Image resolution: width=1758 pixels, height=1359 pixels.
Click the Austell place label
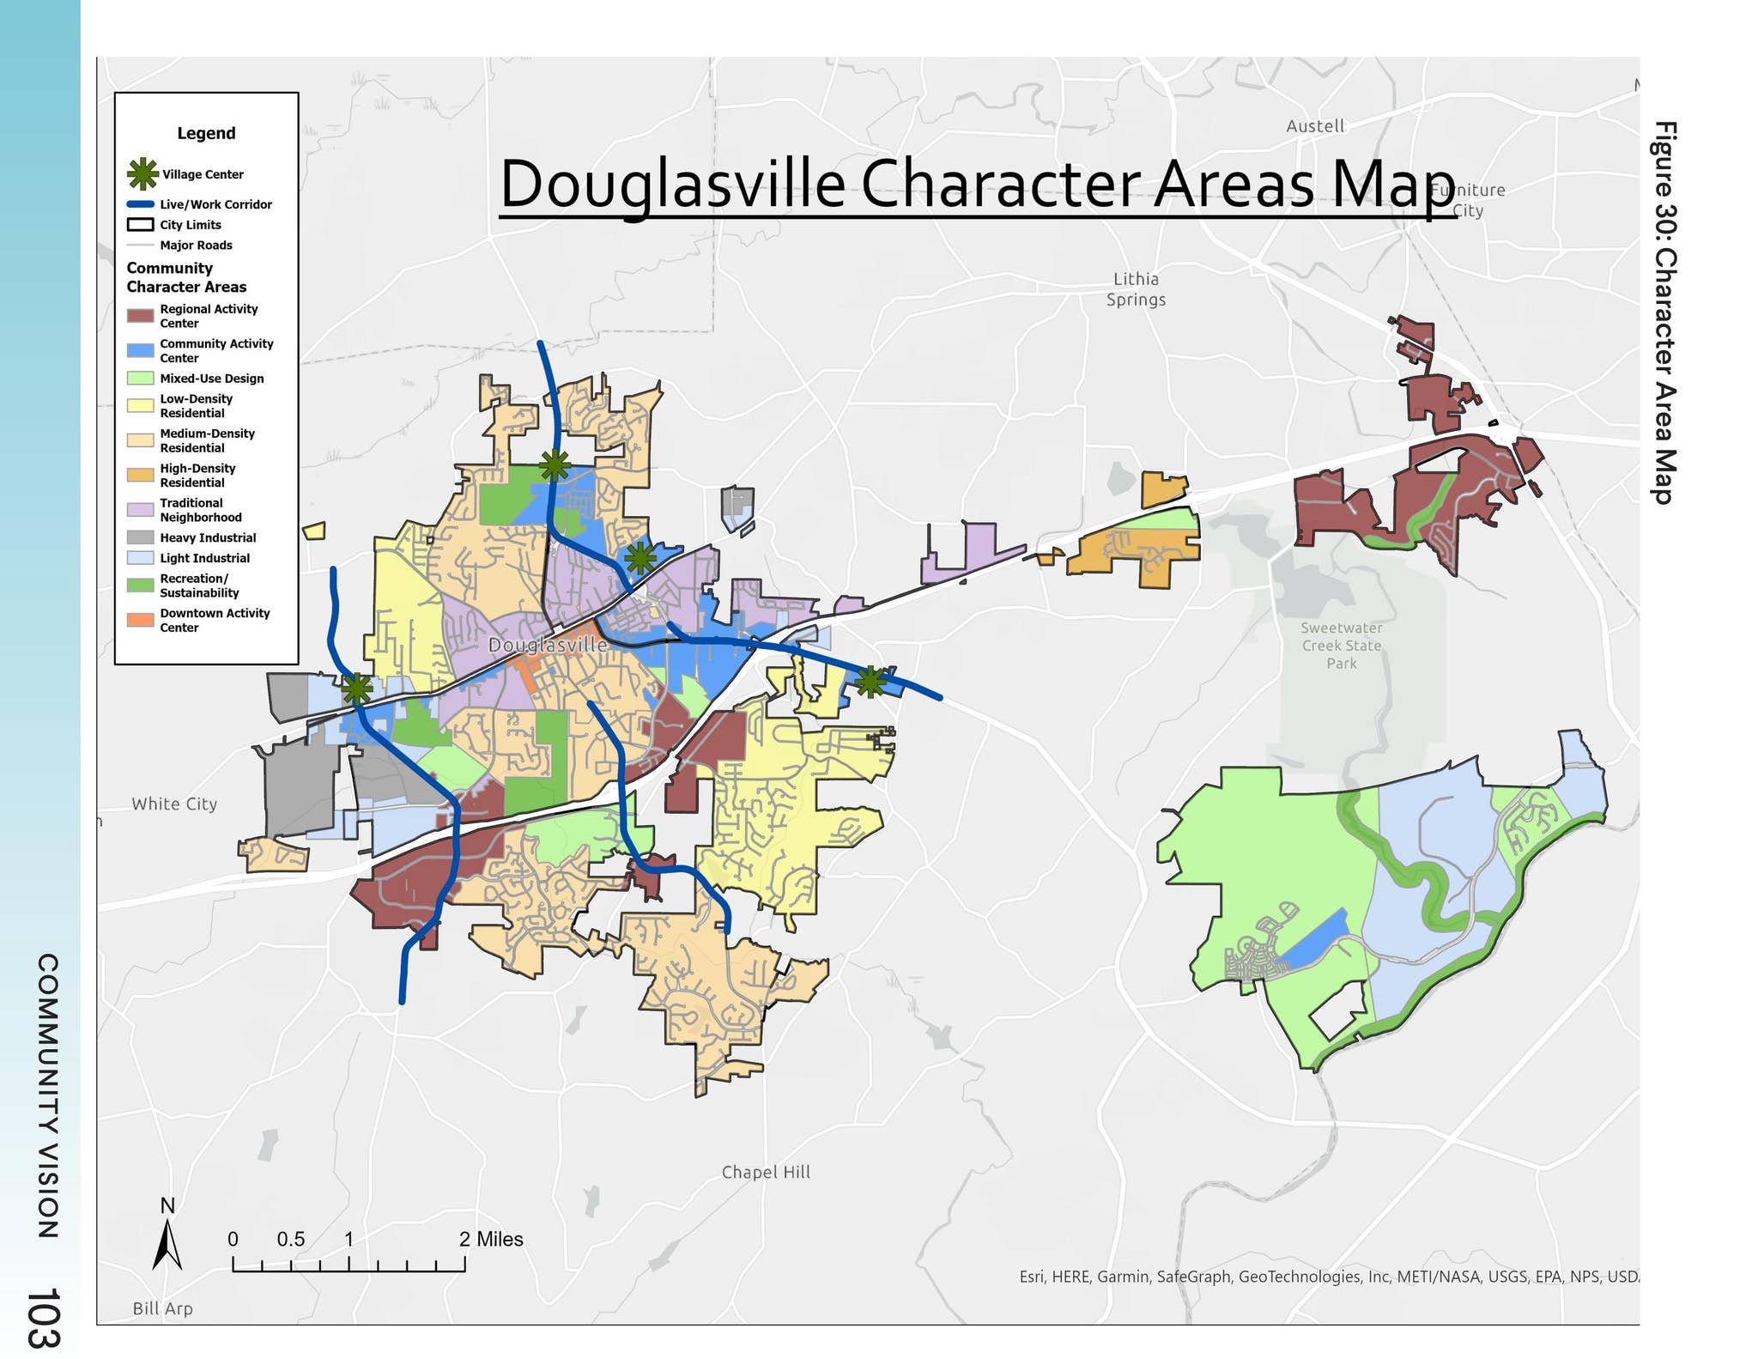coord(1314,126)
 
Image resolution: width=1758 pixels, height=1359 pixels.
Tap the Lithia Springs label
coord(1135,289)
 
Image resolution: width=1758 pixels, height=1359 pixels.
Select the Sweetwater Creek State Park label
coord(1341,646)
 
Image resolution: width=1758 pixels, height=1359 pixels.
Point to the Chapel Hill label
coord(766,1172)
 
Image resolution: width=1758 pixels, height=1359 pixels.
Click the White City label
coord(174,804)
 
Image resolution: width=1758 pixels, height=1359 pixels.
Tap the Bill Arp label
coord(162,1308)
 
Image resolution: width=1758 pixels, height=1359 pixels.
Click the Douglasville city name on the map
coord(547,645)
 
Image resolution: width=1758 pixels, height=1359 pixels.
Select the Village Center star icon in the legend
coord(142,173)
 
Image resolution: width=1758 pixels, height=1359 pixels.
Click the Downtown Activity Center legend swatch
coord(140,620)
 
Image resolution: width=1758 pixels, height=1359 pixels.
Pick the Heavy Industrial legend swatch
coord(140,537)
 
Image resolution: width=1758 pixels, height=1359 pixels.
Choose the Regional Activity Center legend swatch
coord(140,316)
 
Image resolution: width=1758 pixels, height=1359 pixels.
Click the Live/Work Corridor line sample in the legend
coord(140,204)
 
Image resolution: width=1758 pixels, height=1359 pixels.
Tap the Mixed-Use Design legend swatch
coord(140,379)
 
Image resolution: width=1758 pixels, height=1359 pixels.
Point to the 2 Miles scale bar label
coord(490,1239)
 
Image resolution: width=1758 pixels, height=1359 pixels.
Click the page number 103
coord(43,1317)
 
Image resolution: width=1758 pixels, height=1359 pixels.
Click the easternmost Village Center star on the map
coord(870,682)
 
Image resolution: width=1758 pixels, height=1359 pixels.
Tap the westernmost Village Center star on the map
coord(357,689)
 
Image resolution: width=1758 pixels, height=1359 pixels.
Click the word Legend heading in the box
coord(206,133)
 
